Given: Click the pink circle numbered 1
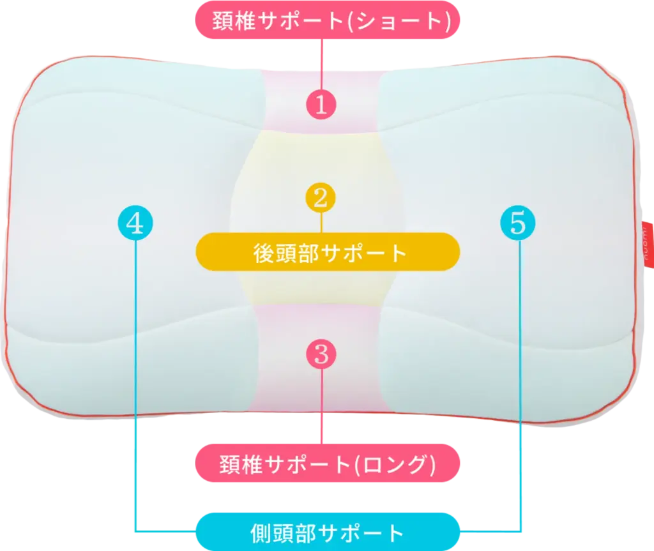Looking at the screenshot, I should pos(321,103).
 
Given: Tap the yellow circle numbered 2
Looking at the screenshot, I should pos(321,197).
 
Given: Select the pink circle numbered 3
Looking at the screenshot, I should pos(321,353).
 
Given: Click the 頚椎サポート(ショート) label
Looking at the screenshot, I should pos(327,20).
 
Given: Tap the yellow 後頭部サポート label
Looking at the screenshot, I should pos(327,253).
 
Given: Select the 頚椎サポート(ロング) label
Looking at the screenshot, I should pos(327,464).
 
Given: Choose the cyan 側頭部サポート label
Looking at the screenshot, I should pos(327,531).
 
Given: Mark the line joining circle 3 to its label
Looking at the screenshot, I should pos(322,409).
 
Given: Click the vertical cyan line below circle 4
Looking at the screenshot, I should pos(135,383).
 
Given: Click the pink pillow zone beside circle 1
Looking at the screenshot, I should pos(284,102).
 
